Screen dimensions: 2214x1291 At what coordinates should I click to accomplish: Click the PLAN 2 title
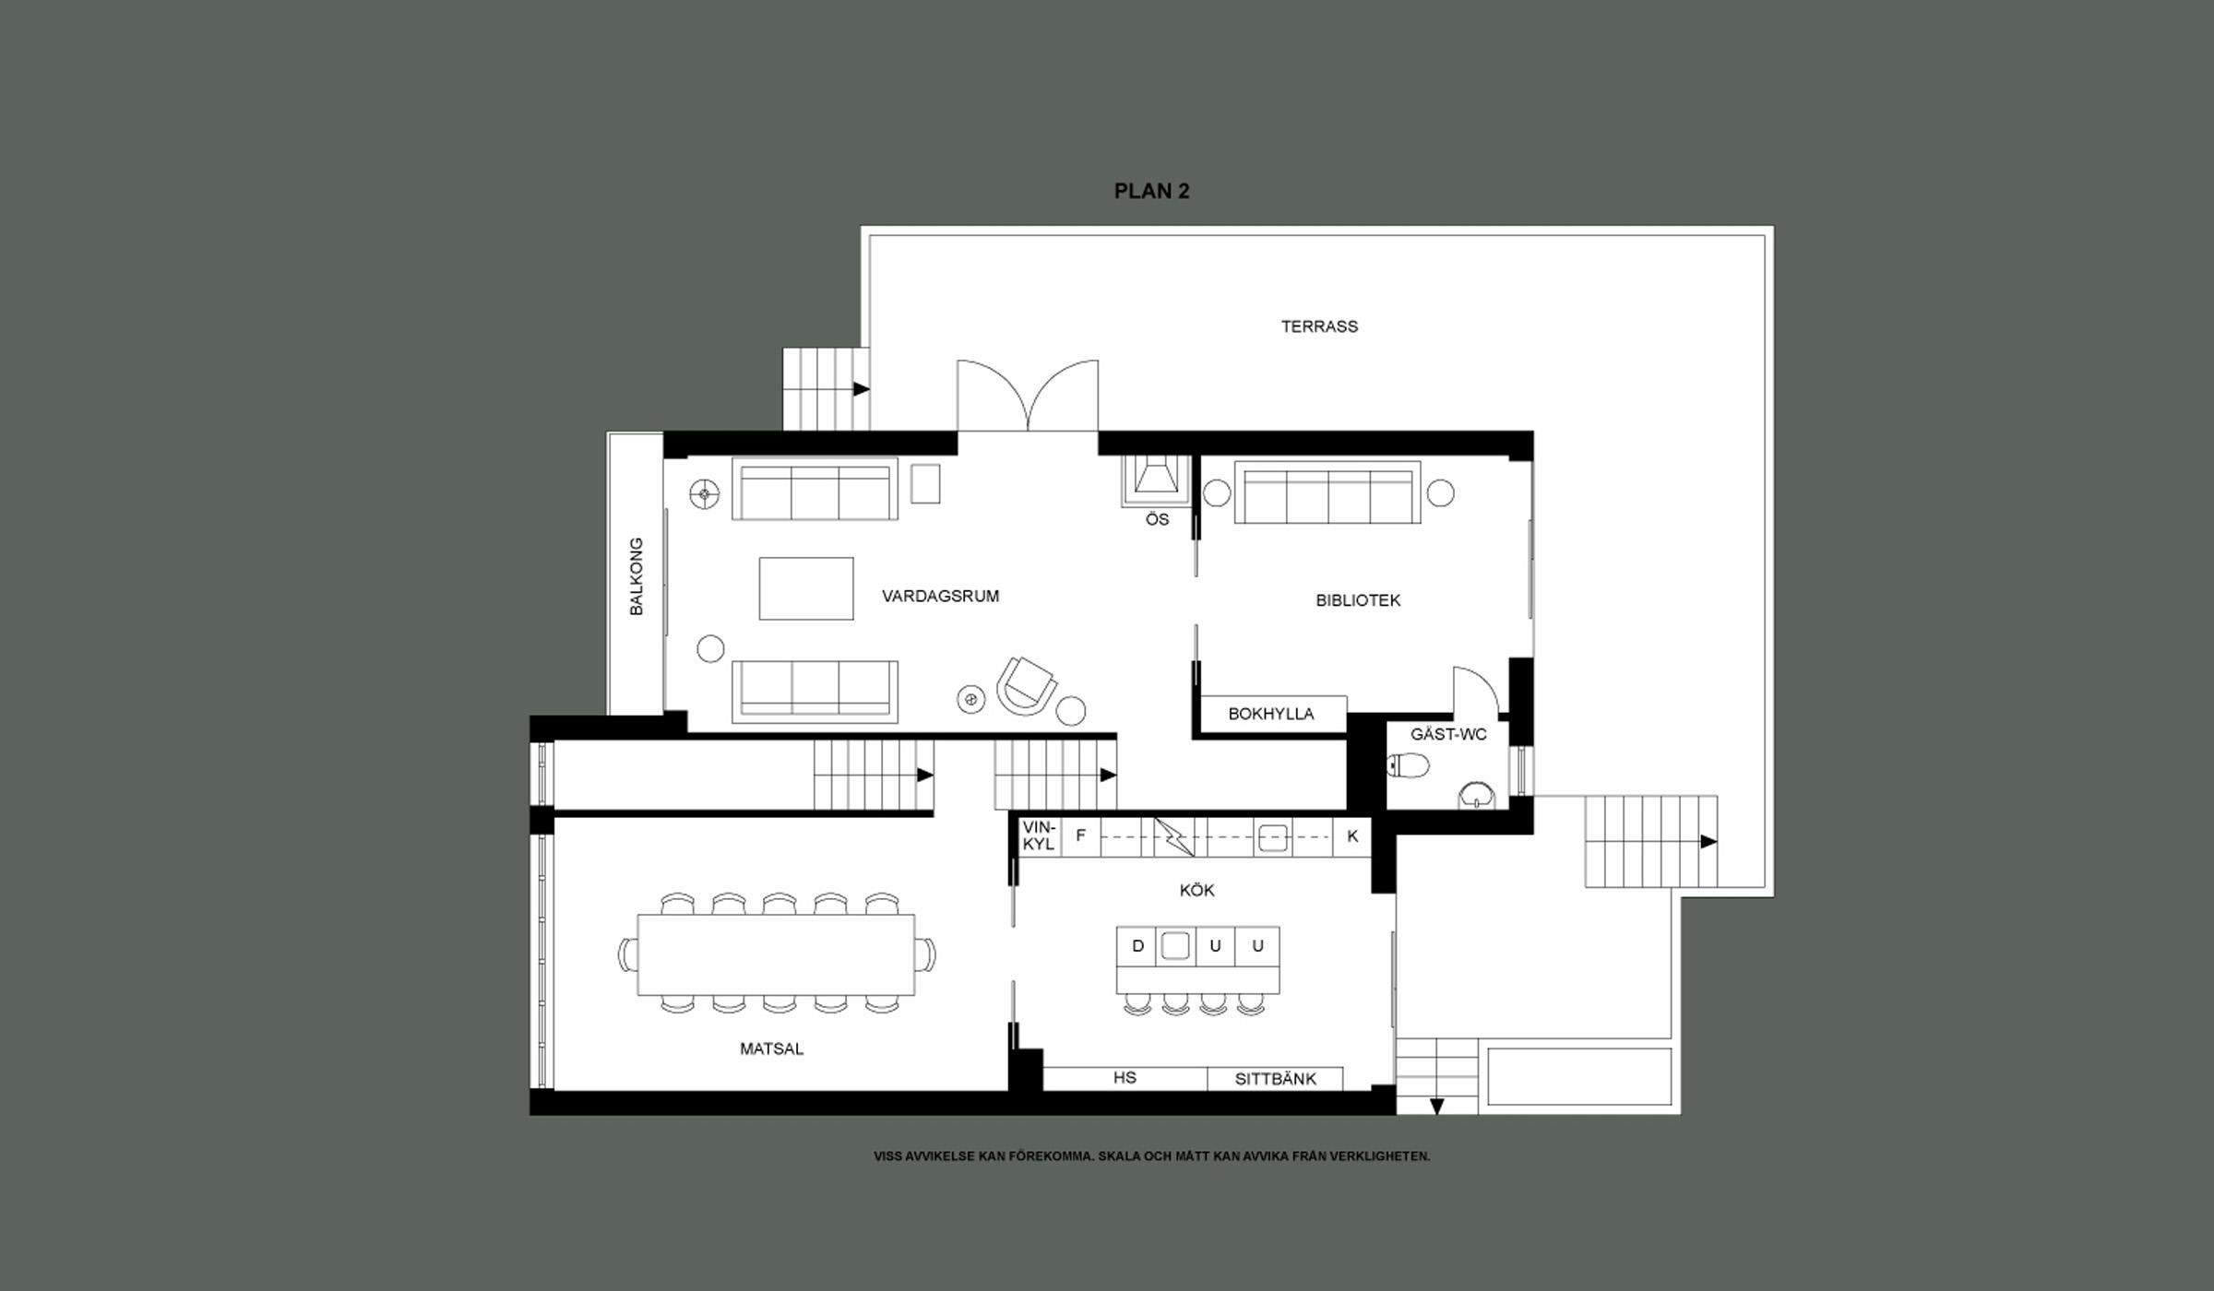[x=1151, y=191]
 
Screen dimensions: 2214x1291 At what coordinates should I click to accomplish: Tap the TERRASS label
[x=1319, y=326]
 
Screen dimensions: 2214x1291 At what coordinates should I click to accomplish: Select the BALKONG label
[x=637, y=576]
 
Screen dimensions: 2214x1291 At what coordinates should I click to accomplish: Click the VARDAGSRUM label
[x=940, y=596]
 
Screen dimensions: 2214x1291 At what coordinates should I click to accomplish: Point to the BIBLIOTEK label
[x=1358, y=600]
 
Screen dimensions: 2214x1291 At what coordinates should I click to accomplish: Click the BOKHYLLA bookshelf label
[x=1270, y=714]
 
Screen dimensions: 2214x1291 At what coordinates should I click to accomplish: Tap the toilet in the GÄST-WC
[x=1409, y=765]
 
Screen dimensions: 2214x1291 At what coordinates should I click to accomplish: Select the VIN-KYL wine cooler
[x=1039, y=836]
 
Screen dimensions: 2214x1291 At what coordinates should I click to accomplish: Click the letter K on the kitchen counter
[x=1352, y=836]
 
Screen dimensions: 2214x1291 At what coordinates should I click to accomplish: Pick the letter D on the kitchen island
[x=1137, y=946]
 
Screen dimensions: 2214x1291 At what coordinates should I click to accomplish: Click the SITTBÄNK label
[x=1276, y=1079]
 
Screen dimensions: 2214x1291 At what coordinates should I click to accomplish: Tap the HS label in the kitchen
[x=1125, y=1078]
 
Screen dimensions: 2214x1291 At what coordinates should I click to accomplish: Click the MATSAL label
[x=771, y=1048]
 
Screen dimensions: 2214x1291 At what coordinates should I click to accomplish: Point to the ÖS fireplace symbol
[x=1156, y=480]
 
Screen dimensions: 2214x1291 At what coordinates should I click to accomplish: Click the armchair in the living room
[x=1026, y=686]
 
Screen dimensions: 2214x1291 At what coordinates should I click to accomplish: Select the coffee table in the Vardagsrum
[x=806, y=588]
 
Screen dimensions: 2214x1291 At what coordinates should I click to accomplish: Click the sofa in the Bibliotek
[x=1327, y=492]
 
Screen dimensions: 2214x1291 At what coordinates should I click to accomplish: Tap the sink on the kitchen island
[x=1174, y=946]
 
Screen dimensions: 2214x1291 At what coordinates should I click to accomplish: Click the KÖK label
[x=1196, y=891]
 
